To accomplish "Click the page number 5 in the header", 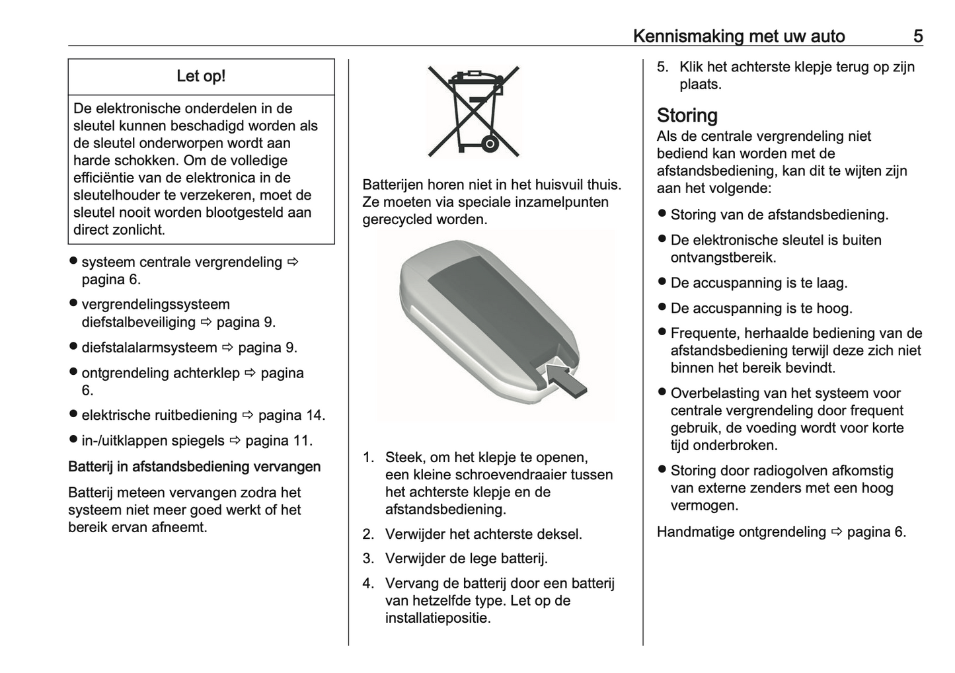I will [x=917, y=36].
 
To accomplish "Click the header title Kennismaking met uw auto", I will [x=738, y=36].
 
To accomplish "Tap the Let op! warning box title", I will [x=201, y=76].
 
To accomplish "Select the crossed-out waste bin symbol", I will [x=473, y=110].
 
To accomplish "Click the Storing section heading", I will [x=687, y=115].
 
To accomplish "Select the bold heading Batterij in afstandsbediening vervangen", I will [x=194, y=467].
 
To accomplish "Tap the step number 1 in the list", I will [x=368, y=457].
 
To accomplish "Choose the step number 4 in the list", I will [x=368, y=584].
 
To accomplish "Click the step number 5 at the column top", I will [x=662, y=67].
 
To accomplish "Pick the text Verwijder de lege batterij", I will [x=467, y=559].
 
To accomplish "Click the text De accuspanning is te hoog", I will [x=761, y=308].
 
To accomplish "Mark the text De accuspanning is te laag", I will [x=759, y=283].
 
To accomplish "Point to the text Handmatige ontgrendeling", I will [x=741, y=532].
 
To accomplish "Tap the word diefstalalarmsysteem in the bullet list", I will [x=149, y=348].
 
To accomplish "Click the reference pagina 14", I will [x=291, y=415].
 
